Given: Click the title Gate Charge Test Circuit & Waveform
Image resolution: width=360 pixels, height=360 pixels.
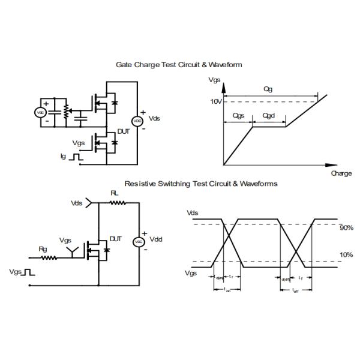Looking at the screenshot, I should pyautogui.click(x=179, y=64).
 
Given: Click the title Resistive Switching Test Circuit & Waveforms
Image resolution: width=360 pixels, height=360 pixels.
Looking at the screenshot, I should pyautogui.click(x=201, y=184).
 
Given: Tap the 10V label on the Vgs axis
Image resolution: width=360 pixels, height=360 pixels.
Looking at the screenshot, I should pyautogui.click(x=216, y=101).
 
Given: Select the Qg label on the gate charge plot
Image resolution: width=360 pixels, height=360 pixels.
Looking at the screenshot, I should pyautogui.click(x=268, y=89).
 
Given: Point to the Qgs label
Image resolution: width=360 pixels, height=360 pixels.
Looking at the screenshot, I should pyautogui.click(x=238, y=115).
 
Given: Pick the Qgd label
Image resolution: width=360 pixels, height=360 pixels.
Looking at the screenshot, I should pyautogui.click(x=269, y=115).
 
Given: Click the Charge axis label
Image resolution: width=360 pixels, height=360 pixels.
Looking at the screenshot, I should pyautogui.click(x=341, y=173).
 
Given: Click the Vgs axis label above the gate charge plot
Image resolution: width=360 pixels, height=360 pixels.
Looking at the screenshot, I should pyautogui.click(x=214, y=80).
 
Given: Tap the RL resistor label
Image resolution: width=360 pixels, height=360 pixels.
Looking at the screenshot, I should pyautogui.click(x=115, y=193).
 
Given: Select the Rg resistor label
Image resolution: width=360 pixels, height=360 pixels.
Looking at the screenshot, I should pyautogui.click(x=43, y=249).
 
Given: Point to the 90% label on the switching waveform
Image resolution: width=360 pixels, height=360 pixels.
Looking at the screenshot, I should pyautogui.click(x=346, y=228).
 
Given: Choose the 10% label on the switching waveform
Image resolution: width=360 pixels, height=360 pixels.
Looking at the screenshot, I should pyautogui.click(x=346, y=255).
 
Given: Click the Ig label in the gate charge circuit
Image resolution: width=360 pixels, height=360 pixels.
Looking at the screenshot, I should pyautogui.click(x=63, y=156).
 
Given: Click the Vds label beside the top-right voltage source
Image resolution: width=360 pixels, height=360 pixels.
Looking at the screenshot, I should pyautogui.click(x=154, y=119).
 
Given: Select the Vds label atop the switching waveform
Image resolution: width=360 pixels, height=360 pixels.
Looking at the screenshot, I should pyautogui.click(x=192, y=213).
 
